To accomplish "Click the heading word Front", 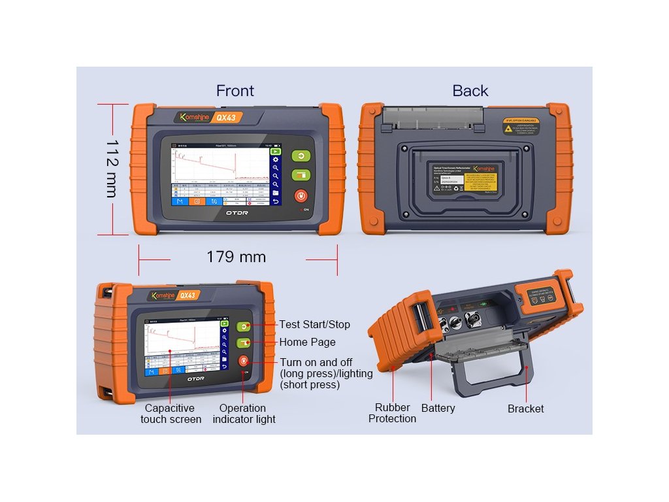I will (235, 91).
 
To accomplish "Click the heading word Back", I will (470, 91).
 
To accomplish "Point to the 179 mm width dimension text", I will (236, 257).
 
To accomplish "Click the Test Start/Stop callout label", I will (314, 324).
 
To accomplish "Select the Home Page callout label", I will (307, 342).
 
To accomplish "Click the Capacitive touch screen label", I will (171, 413).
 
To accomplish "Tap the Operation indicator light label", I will (244, 413).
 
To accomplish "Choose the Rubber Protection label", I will (392, 413).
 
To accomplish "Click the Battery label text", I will (438, 408).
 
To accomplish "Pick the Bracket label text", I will (525, 409).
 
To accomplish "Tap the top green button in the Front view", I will (300, 156).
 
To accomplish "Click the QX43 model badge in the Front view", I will (225, 118).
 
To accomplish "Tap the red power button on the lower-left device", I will (243, 360).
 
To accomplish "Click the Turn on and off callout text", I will (326, 373).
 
